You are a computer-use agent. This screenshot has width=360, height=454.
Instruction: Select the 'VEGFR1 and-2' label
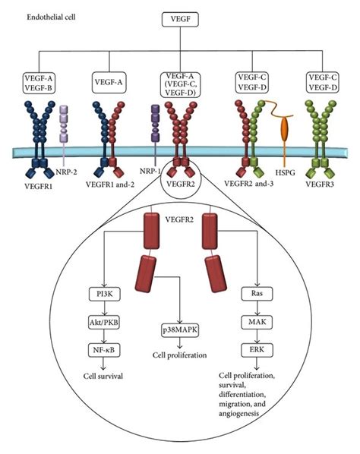(x=107, y=183)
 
